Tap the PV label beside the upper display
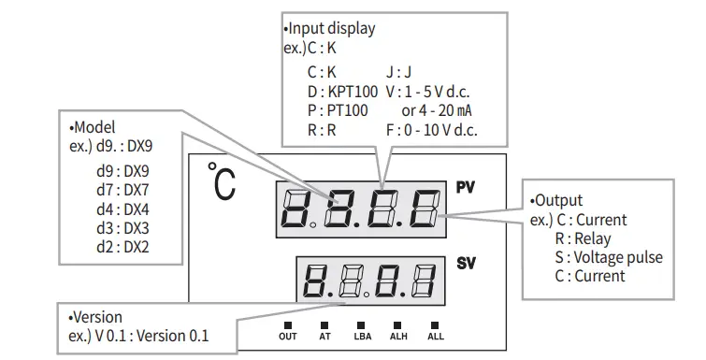466,187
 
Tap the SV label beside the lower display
466,265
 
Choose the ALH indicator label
398,336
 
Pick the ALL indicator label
436,336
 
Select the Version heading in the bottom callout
96,317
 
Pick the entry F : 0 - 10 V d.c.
431,130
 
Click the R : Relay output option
585,238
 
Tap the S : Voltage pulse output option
608,257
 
